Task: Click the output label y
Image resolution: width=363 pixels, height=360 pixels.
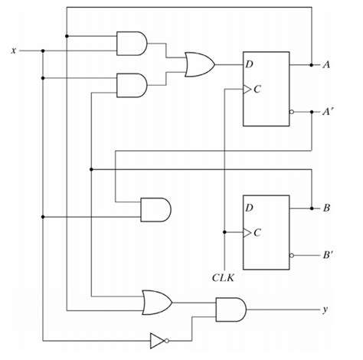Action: pyautogui.click(x=325, y=310)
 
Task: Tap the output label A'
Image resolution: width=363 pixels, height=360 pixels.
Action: pyautogui.click(x=327, y=112)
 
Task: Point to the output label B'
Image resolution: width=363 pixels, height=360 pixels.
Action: pyautogui.click(x=327, y=257)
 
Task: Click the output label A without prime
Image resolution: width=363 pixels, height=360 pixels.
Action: pyautogui.click(x=326, y=64)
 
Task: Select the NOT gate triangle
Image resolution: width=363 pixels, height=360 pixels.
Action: pyautogui.click(x=158, y=338)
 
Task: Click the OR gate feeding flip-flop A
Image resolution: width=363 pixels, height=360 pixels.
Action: pyautogui.click(x=200, y=64)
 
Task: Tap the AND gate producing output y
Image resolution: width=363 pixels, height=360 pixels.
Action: pyautogui.click(x=230, y=310)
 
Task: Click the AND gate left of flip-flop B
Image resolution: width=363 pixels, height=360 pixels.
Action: pyautogui.click(x=155, y=209)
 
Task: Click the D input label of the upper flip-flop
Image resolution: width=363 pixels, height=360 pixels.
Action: pyautogui.click(x=250, y=64)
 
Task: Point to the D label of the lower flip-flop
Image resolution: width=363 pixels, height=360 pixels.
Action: pyautogui.click(x=250, y=208)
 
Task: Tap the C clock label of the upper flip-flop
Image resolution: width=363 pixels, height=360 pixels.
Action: pyautogui.click(x=257, y=89)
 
